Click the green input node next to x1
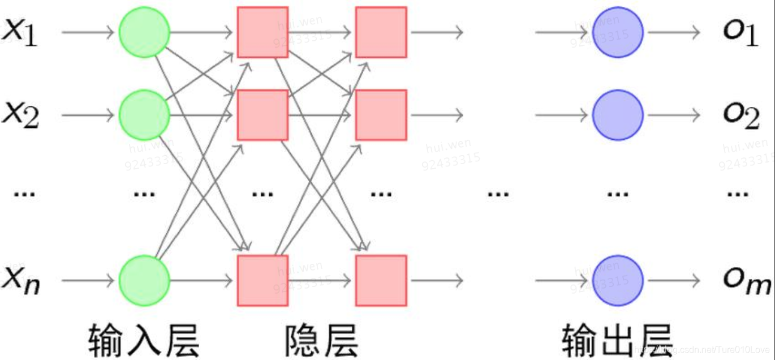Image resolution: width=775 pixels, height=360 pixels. tap(144, 32)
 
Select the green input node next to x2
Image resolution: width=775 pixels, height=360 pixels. tap(144, 115)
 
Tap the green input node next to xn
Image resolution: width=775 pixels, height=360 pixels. tap(144, 280)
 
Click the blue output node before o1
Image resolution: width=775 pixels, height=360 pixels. tap(617, 32)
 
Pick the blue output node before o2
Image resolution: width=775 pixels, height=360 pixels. tap(617, 115)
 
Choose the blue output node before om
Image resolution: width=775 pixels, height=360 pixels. tap(617, 280)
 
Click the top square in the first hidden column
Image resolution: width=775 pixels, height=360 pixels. tap(262, 32)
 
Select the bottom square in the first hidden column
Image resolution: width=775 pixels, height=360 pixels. tap(262, 280)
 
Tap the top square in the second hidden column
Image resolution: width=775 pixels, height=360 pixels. tap(381, 32)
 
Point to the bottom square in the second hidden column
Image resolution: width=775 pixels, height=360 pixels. tap(381, 280)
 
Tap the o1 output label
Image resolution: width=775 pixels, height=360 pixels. tap(740, 33)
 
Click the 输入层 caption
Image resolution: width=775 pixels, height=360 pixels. tap(144, 340)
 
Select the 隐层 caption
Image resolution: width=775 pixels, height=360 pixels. tap(321, 340)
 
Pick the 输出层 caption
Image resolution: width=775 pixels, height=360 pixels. tap(617, 340)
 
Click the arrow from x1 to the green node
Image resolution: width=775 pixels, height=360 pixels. tap(88, 32)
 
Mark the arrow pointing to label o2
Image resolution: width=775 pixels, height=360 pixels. tap(674, 115)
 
